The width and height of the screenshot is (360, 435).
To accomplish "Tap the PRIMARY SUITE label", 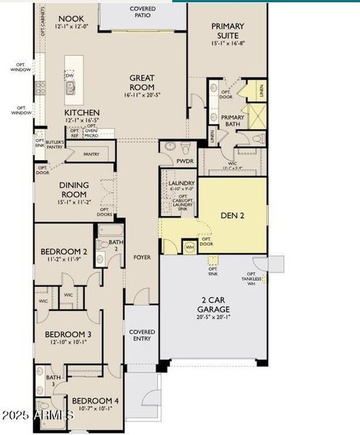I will tap(227, 30).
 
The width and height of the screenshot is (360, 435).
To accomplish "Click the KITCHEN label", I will tap(82, 113).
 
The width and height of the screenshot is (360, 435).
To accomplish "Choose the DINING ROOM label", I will tap(73, 189).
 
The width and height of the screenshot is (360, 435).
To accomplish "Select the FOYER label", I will tap(141, 257).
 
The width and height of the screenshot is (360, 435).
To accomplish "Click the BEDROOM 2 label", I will tap(64, 252).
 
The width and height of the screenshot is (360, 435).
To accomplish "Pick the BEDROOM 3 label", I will tap(68, 334).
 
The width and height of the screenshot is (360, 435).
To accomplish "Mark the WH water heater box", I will tap(189, 246).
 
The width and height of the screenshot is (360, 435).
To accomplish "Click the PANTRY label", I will tap(91, 154).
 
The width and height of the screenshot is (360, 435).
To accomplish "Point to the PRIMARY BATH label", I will tap(233, 120).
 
